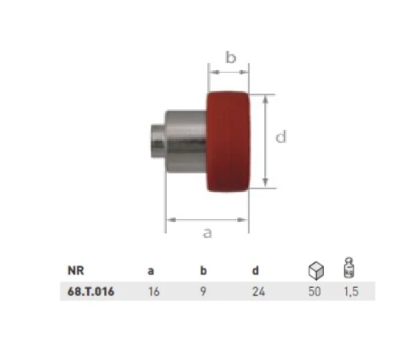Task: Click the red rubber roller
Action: (228, 141)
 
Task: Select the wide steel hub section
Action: (186, 141)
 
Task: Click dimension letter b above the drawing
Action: (231, 57)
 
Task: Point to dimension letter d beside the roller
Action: (281, 137)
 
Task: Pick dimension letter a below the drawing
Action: (208, 233)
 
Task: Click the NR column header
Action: (76, 270)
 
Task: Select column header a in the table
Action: (151, 270)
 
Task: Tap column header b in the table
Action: (204, 270)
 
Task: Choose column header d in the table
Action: (255, 270)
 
